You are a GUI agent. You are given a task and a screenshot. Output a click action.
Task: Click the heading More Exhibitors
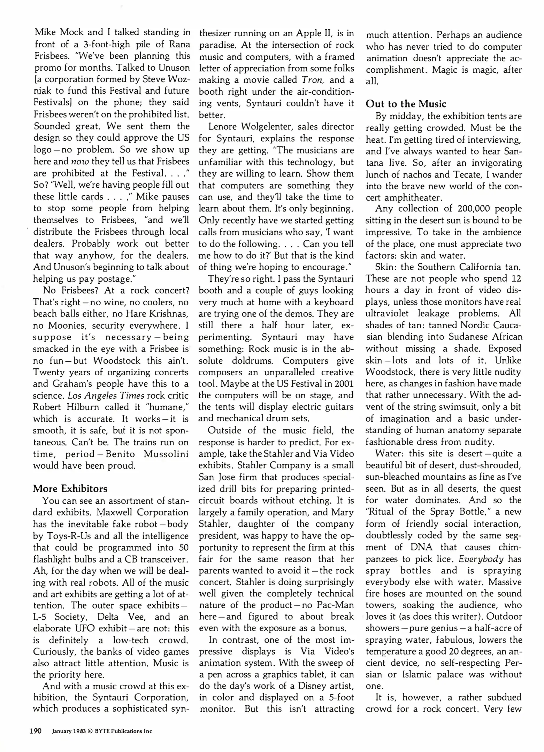tap(70, 489)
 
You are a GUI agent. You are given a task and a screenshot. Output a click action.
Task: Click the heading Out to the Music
tap(406, 104)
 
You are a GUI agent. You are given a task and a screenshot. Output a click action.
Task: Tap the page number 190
tap(35, 731)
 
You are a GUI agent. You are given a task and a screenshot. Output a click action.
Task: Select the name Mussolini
tap(166, 454)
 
